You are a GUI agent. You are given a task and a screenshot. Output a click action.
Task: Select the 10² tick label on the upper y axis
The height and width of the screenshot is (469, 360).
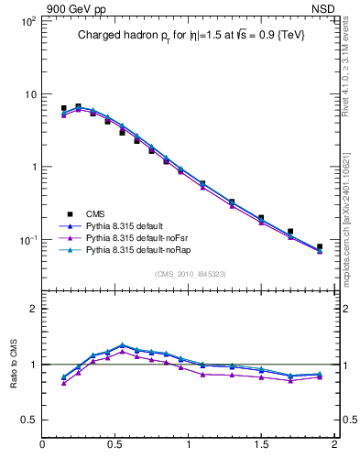[27, 20]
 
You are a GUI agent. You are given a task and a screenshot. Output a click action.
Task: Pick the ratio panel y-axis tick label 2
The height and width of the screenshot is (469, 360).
[32, 309]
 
